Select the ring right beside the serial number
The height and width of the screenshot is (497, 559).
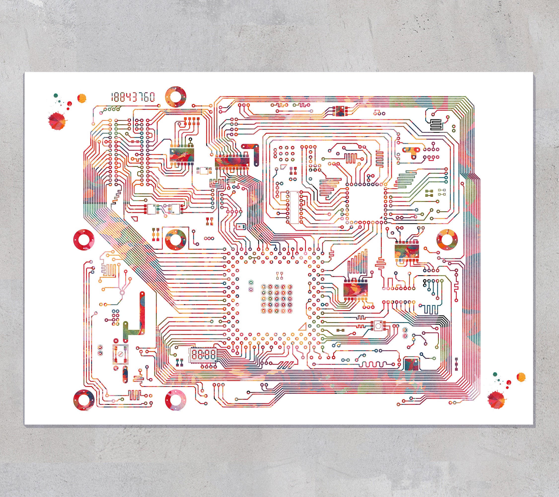(x=176, y=97)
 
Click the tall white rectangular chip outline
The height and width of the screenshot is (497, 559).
(x=294, y=207)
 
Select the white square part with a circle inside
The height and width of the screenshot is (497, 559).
(x=378, y=326)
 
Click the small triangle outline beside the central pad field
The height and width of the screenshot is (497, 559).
(x=302, y=327)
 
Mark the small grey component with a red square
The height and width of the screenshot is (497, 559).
(x=240, y=226)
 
